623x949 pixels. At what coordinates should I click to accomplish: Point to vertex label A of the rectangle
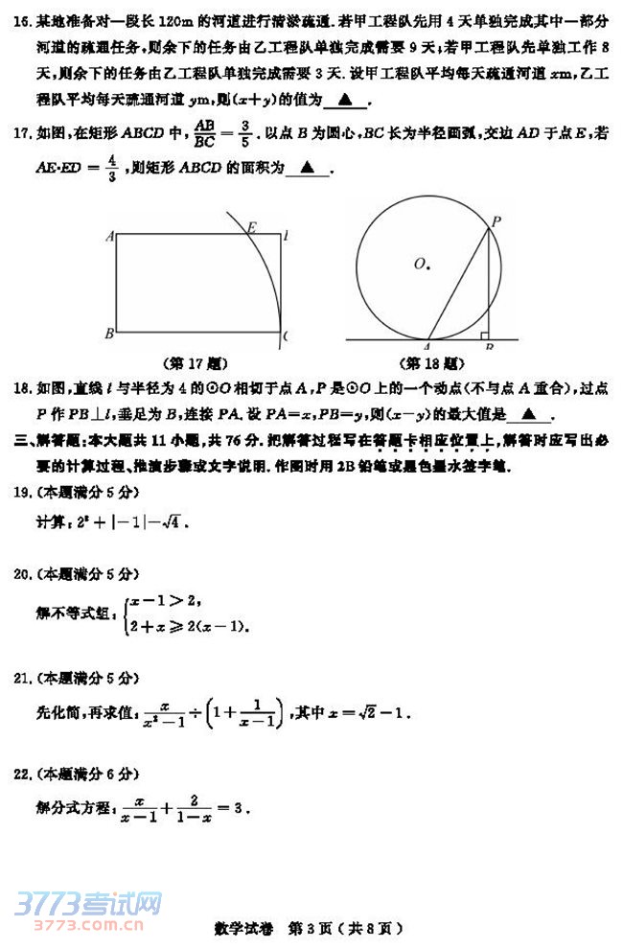(111, 235)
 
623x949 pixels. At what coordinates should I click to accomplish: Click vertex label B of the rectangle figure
(110, 334)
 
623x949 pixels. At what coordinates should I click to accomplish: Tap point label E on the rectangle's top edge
(251, 227)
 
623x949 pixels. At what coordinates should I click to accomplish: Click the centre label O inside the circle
(420, 263)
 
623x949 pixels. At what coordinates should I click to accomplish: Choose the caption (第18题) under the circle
(430, 363)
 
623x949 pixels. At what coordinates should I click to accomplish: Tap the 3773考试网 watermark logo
(87, 903)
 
